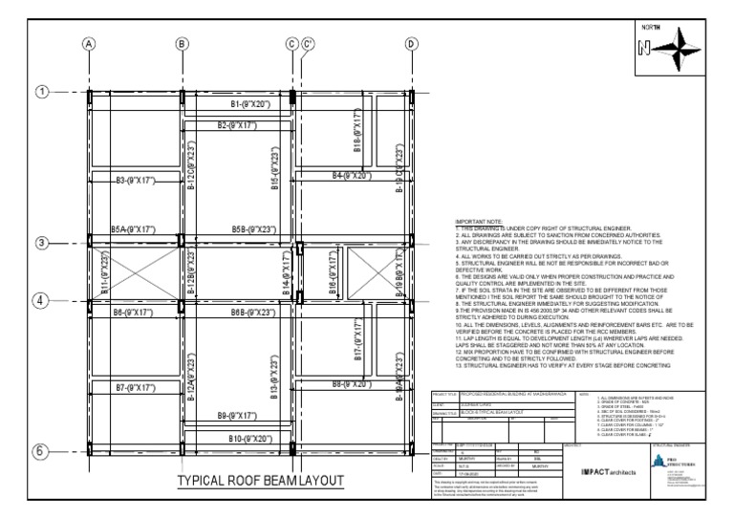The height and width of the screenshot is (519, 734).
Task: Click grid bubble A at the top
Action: click(x=89, y=44)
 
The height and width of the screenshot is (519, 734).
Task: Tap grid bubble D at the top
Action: click(x=412, y=44)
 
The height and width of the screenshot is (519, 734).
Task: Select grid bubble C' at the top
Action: click(x=308, y=44)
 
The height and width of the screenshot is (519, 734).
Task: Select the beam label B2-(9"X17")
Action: click(x=236, y=125)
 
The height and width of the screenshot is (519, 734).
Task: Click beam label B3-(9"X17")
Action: click(x=135, y=180)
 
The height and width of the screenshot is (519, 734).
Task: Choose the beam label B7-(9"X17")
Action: click(x=135, y=387)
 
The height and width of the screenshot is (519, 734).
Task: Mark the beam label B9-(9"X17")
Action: click(x=237, y=416)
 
